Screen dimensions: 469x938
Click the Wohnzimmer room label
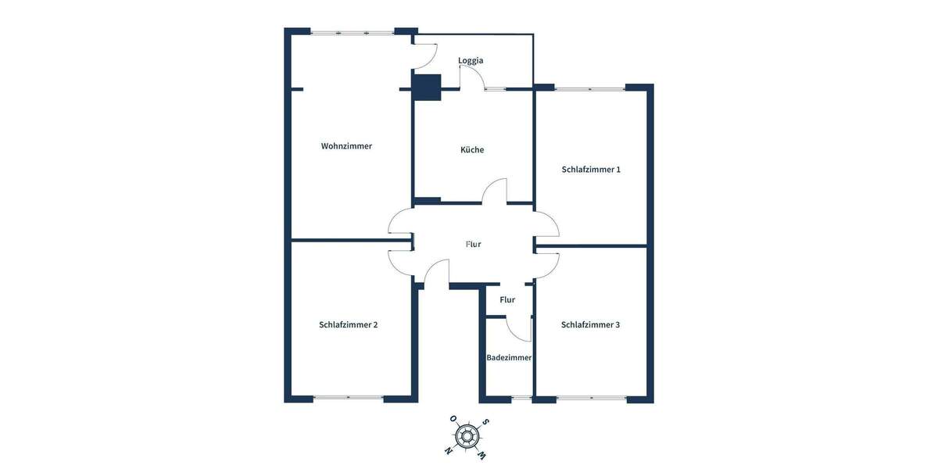click(346, 146)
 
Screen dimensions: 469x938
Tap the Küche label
click(472, 149)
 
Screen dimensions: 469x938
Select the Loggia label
click(471, 60)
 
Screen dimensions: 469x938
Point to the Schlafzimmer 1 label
click(591, 169)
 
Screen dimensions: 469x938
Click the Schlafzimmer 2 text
click(349, 324)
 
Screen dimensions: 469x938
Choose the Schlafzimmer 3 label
click(590, 324)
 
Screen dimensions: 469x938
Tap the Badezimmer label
click(509, 357)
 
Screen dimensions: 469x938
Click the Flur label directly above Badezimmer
click(507, 299)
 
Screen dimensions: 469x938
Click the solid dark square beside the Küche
click(427, 86)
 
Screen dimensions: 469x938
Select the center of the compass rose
click(467, 436)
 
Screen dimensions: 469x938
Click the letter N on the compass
click(448, 450)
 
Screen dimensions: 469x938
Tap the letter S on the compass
click(485, 422)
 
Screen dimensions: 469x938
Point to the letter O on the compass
click(453, 419)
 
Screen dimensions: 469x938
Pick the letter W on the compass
click(482, 455)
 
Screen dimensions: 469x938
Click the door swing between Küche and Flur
click(496, 192)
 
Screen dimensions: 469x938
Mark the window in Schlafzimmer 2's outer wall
click(349, 398)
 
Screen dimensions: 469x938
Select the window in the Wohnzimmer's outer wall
click(353, 32)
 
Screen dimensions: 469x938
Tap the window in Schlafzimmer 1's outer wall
click(590, 88)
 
